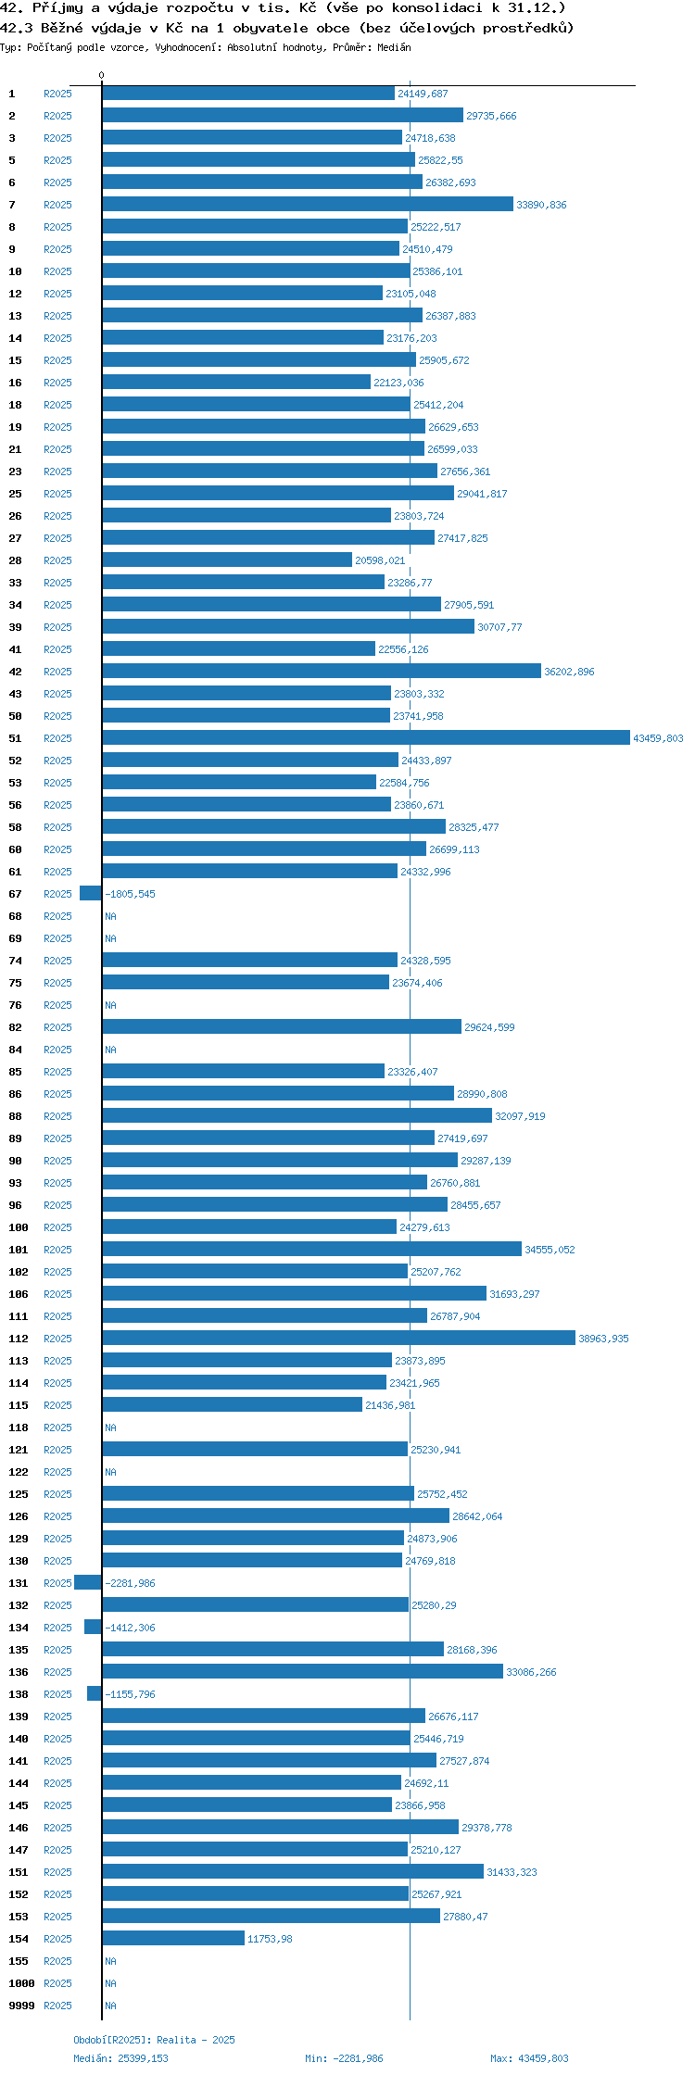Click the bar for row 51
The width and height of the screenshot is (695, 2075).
(x=366, y=737)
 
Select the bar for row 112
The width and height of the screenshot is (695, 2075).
(x=338, y=1338)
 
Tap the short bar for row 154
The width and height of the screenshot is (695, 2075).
(x=173, y=1938)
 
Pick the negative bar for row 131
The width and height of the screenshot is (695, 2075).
(x=88, y=1582)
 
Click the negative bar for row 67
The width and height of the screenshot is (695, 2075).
(x=91, y=893)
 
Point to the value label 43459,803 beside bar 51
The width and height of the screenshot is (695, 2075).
(x=658, y=738)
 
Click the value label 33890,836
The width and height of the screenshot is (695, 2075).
(x=541, y=205)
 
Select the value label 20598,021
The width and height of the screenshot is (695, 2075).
(x=380, y=560)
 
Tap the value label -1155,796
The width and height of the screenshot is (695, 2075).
(x=131, y=1694)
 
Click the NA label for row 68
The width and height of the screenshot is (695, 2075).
(x=110, y=916)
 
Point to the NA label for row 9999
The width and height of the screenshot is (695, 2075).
(x=110, y=2006)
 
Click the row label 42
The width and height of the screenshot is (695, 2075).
(x=15, y=672)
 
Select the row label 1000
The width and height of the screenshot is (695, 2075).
(x=21, y=1983)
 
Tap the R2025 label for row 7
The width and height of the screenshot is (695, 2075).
(x=57, y=205)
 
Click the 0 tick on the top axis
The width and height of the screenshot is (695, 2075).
(x=102, y=75)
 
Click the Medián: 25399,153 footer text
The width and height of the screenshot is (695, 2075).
(x=120, y=2058)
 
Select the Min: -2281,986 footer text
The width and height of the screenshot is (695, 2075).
(x=344, y=2058)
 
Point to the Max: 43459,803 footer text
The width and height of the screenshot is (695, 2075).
(x=529, y=2058)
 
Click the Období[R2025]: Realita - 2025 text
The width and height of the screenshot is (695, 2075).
(x=154, y=2040)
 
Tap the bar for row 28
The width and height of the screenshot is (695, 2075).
(x=227, y=560)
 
